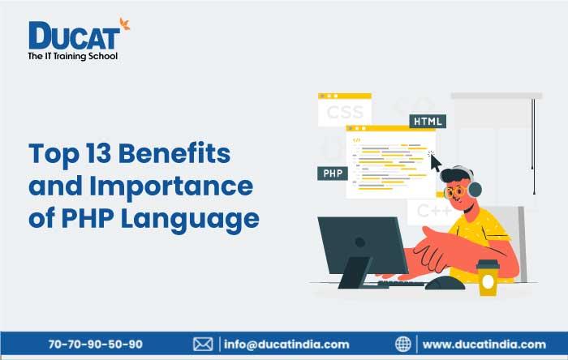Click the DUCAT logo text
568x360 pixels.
[x=75, y=36]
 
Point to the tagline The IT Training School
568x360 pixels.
[x=73, y=57]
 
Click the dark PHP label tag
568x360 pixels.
[x=331, y=174]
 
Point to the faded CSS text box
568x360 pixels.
[x=345, y=112]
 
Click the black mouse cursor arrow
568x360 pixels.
[x=435, y=162]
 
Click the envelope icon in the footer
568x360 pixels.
[x=203, y=344]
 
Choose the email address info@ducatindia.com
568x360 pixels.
[x=286, y=344]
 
